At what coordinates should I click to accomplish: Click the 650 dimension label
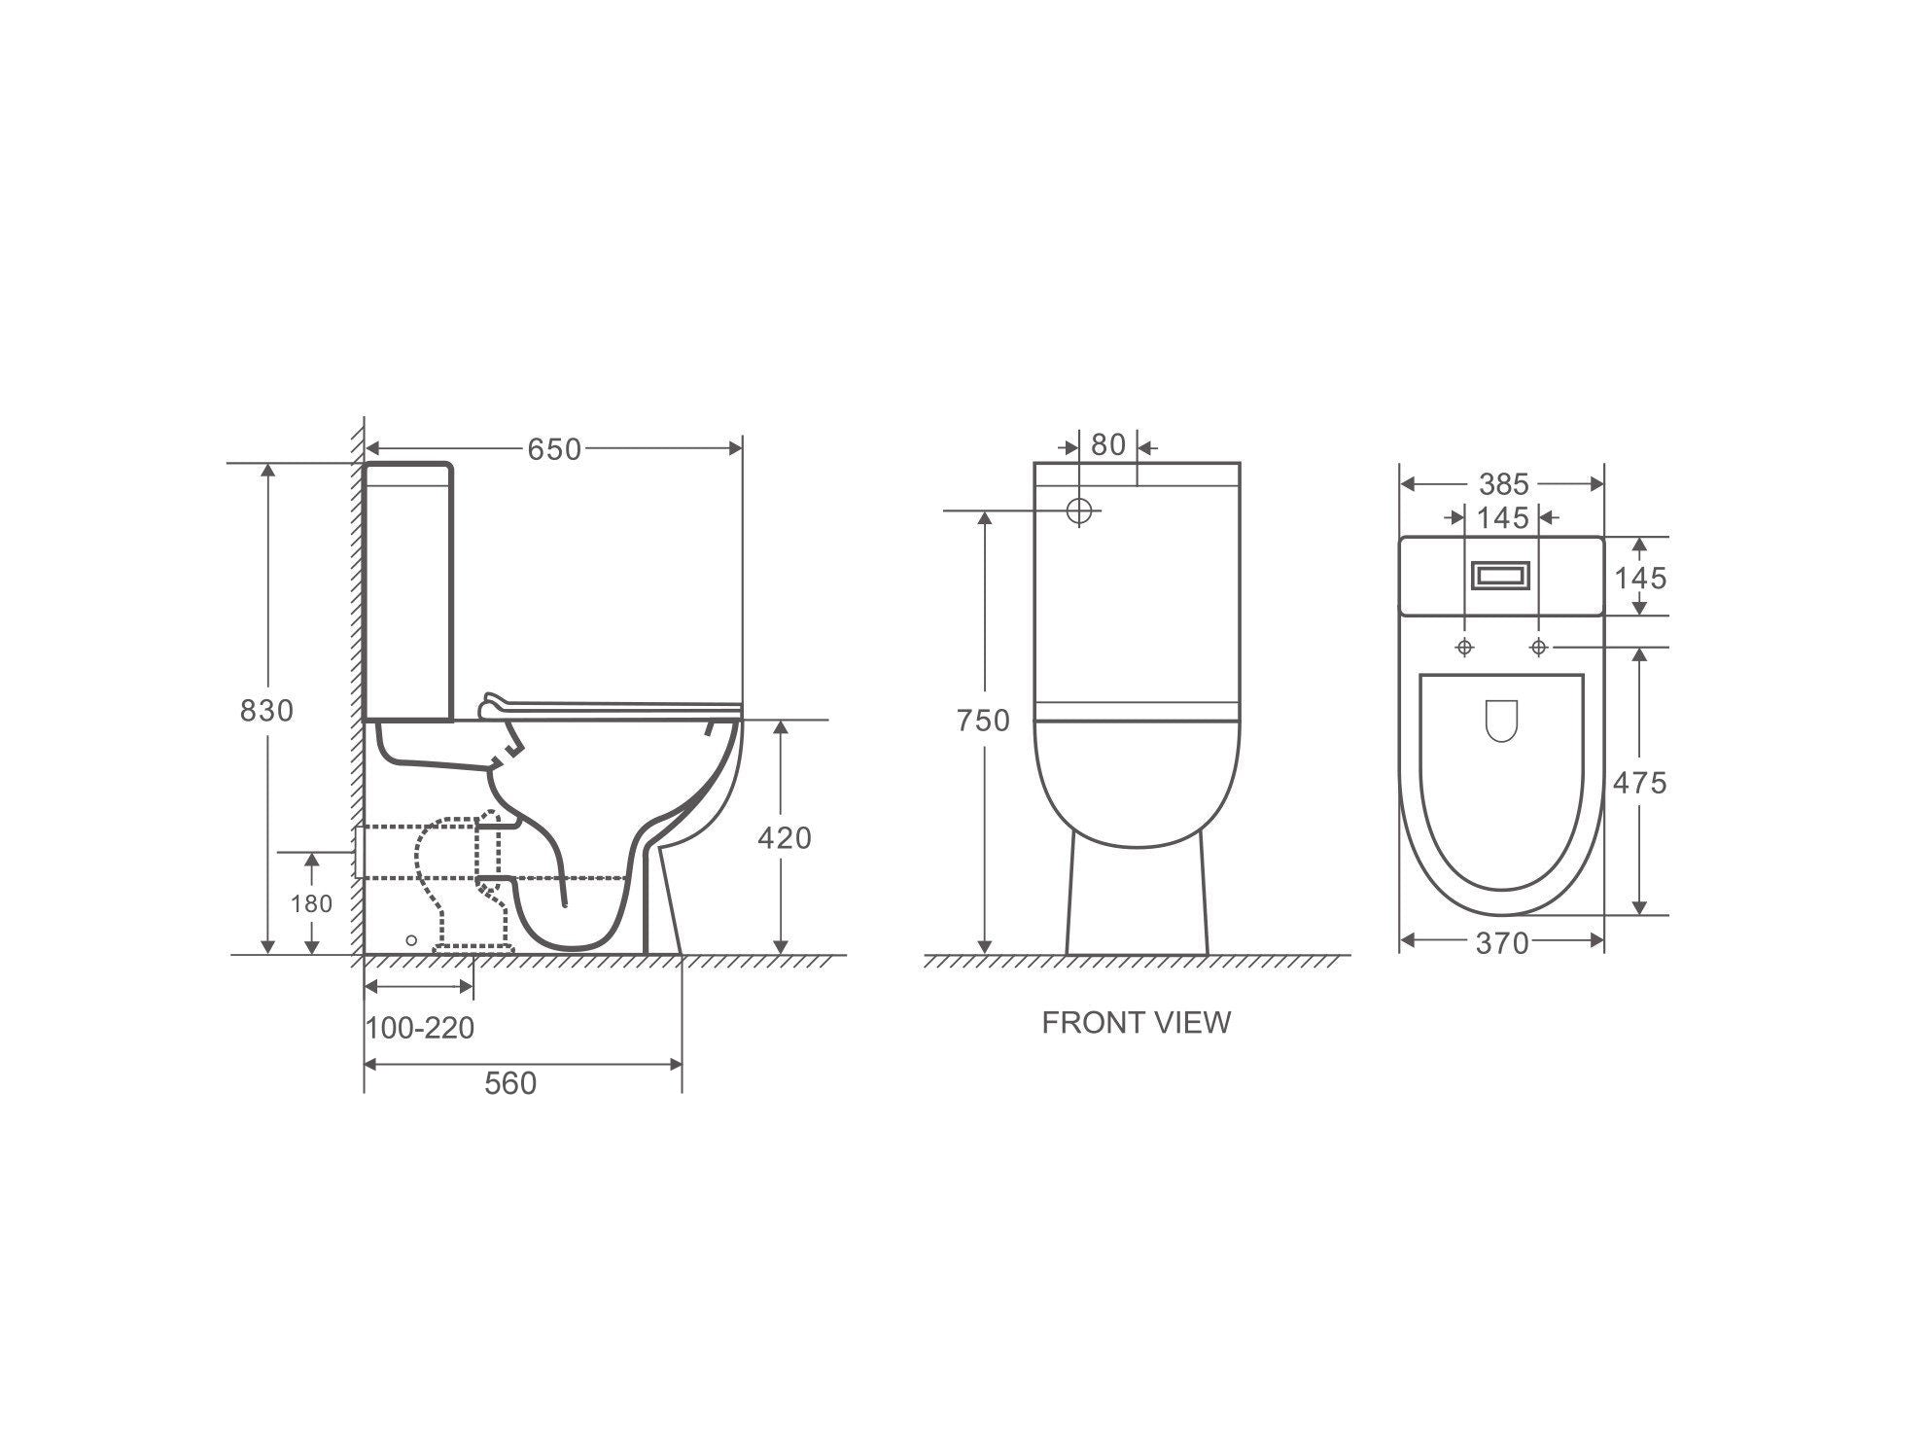[554, 449]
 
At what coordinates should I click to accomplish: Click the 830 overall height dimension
[266, 711]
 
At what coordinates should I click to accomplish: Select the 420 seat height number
[784, 837]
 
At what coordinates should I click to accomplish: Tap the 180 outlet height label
[311, 903]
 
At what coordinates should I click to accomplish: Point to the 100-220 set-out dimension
[420, 1027]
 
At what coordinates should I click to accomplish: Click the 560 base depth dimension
[510, 1082]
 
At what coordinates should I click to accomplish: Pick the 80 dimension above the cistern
[1107, 445]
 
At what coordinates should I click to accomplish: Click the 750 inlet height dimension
[983, 721]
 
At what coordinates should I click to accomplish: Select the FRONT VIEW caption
[1136, 1022]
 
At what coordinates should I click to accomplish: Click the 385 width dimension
[1503, 483]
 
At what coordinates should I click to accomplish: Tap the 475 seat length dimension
[1639, 782]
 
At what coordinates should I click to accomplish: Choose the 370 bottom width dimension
[1502, 942]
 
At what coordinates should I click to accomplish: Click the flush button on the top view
[1501, 577]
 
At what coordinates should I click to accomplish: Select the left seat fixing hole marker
[1464, 648]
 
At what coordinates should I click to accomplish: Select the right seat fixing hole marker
[1538, 648]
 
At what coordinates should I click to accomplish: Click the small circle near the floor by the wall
[411, 939]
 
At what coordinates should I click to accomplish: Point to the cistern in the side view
[408, 593]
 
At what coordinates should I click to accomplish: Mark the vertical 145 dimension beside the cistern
[1640, 578]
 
